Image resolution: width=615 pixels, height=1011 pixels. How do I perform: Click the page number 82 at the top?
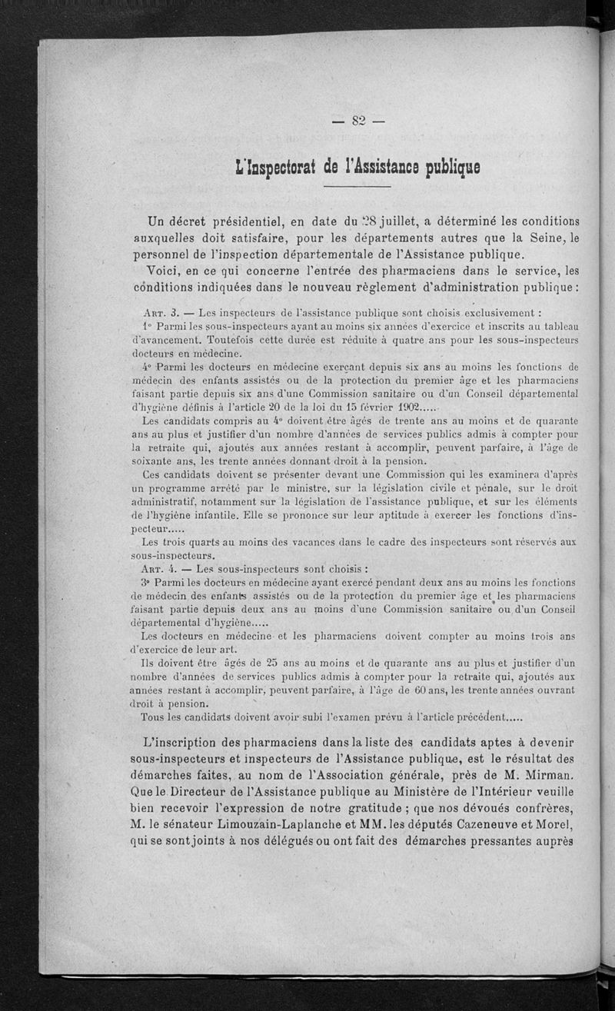(357, 119)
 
